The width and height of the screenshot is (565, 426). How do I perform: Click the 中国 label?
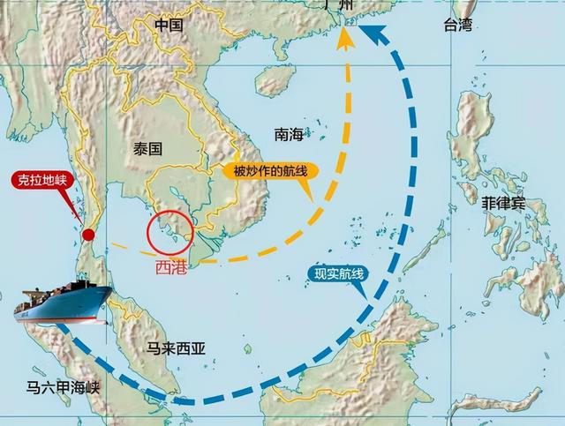pos(169,26)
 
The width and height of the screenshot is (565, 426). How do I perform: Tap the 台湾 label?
pos(459,26)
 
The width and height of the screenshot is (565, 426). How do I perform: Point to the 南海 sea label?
pos(289,134)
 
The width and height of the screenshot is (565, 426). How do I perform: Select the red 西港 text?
pos(172,262)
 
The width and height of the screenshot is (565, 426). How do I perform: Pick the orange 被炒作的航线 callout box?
pos(270,172)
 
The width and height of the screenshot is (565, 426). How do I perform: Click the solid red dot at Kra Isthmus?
pos(88,235)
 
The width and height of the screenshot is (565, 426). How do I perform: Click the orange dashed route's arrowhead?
pos(343,37)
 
